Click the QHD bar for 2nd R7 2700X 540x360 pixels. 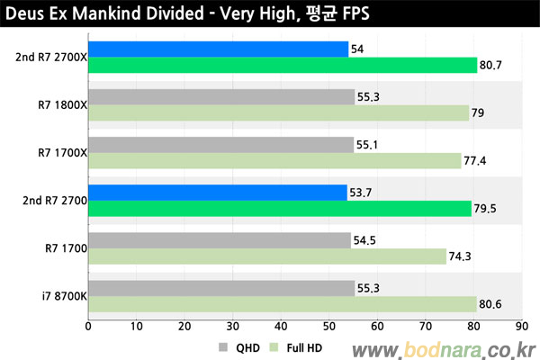click(x=218, y=49)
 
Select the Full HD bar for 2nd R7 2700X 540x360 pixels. click(x=282, y=65)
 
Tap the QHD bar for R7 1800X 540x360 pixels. click(x=220, y=96)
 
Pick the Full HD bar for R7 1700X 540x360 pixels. click(x=274, y=160)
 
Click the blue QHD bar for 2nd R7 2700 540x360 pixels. click(x=217, y=193)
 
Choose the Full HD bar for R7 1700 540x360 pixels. click(x=266, y=256)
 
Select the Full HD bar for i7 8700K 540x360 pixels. click(x=282, y=304)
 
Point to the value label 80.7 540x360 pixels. click(x=491, y=66)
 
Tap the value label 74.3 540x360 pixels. click(x=461, y=257)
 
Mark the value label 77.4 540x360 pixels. click(x=476, y=161)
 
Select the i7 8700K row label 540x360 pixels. click(x=62, y=296)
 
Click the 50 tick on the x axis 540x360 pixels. click(x=328, y=328)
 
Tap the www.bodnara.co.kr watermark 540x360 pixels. click(x=445, y=347)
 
